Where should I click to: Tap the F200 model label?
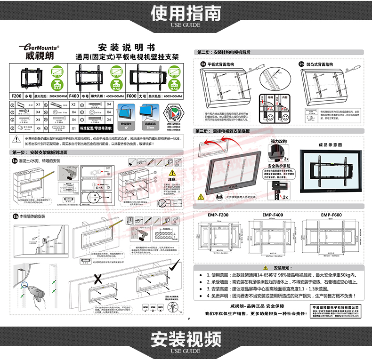(16, 95)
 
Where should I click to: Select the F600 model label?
(133, 95)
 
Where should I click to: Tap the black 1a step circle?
(14, 160)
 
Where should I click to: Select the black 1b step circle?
(14, 217)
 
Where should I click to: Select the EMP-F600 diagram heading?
(332, 215)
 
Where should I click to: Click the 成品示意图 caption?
(330, 144)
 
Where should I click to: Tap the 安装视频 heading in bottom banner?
(186, 338)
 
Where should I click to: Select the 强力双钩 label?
(279, 141)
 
